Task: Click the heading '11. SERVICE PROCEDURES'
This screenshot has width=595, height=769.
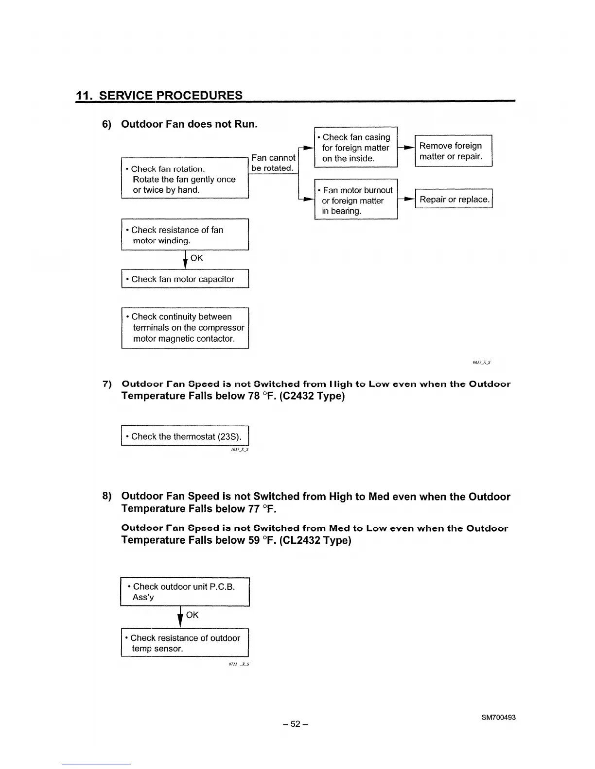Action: tap(159, 95)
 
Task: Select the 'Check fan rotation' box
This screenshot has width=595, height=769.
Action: tap(185, 179)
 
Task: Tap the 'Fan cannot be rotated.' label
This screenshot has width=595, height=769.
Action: tap(273, 163)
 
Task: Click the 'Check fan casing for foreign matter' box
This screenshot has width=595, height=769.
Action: tap(356, 148)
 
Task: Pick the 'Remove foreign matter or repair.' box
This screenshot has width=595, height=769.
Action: tap(454, 151)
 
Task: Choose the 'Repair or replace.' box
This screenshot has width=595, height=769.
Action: tap(454, 200)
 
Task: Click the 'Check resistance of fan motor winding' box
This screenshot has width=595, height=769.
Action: tap(185, 235)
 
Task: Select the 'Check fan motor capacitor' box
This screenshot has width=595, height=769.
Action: tap(185, 279)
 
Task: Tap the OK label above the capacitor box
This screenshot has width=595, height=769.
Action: tap(197, 258)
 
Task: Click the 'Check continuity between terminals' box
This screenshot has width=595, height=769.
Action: tap(185, 328)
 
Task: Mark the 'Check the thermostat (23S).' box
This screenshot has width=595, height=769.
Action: tap(185, 436)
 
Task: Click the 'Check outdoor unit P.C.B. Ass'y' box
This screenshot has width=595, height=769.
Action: tap(185, 592)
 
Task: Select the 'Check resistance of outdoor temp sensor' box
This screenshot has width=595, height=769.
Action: tap(185, 643)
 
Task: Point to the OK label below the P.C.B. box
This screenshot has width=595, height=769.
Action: tap(192, 615)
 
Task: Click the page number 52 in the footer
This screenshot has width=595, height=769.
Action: tap(296, 724)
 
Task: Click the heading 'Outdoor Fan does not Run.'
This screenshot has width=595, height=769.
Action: tap(189, 124)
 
